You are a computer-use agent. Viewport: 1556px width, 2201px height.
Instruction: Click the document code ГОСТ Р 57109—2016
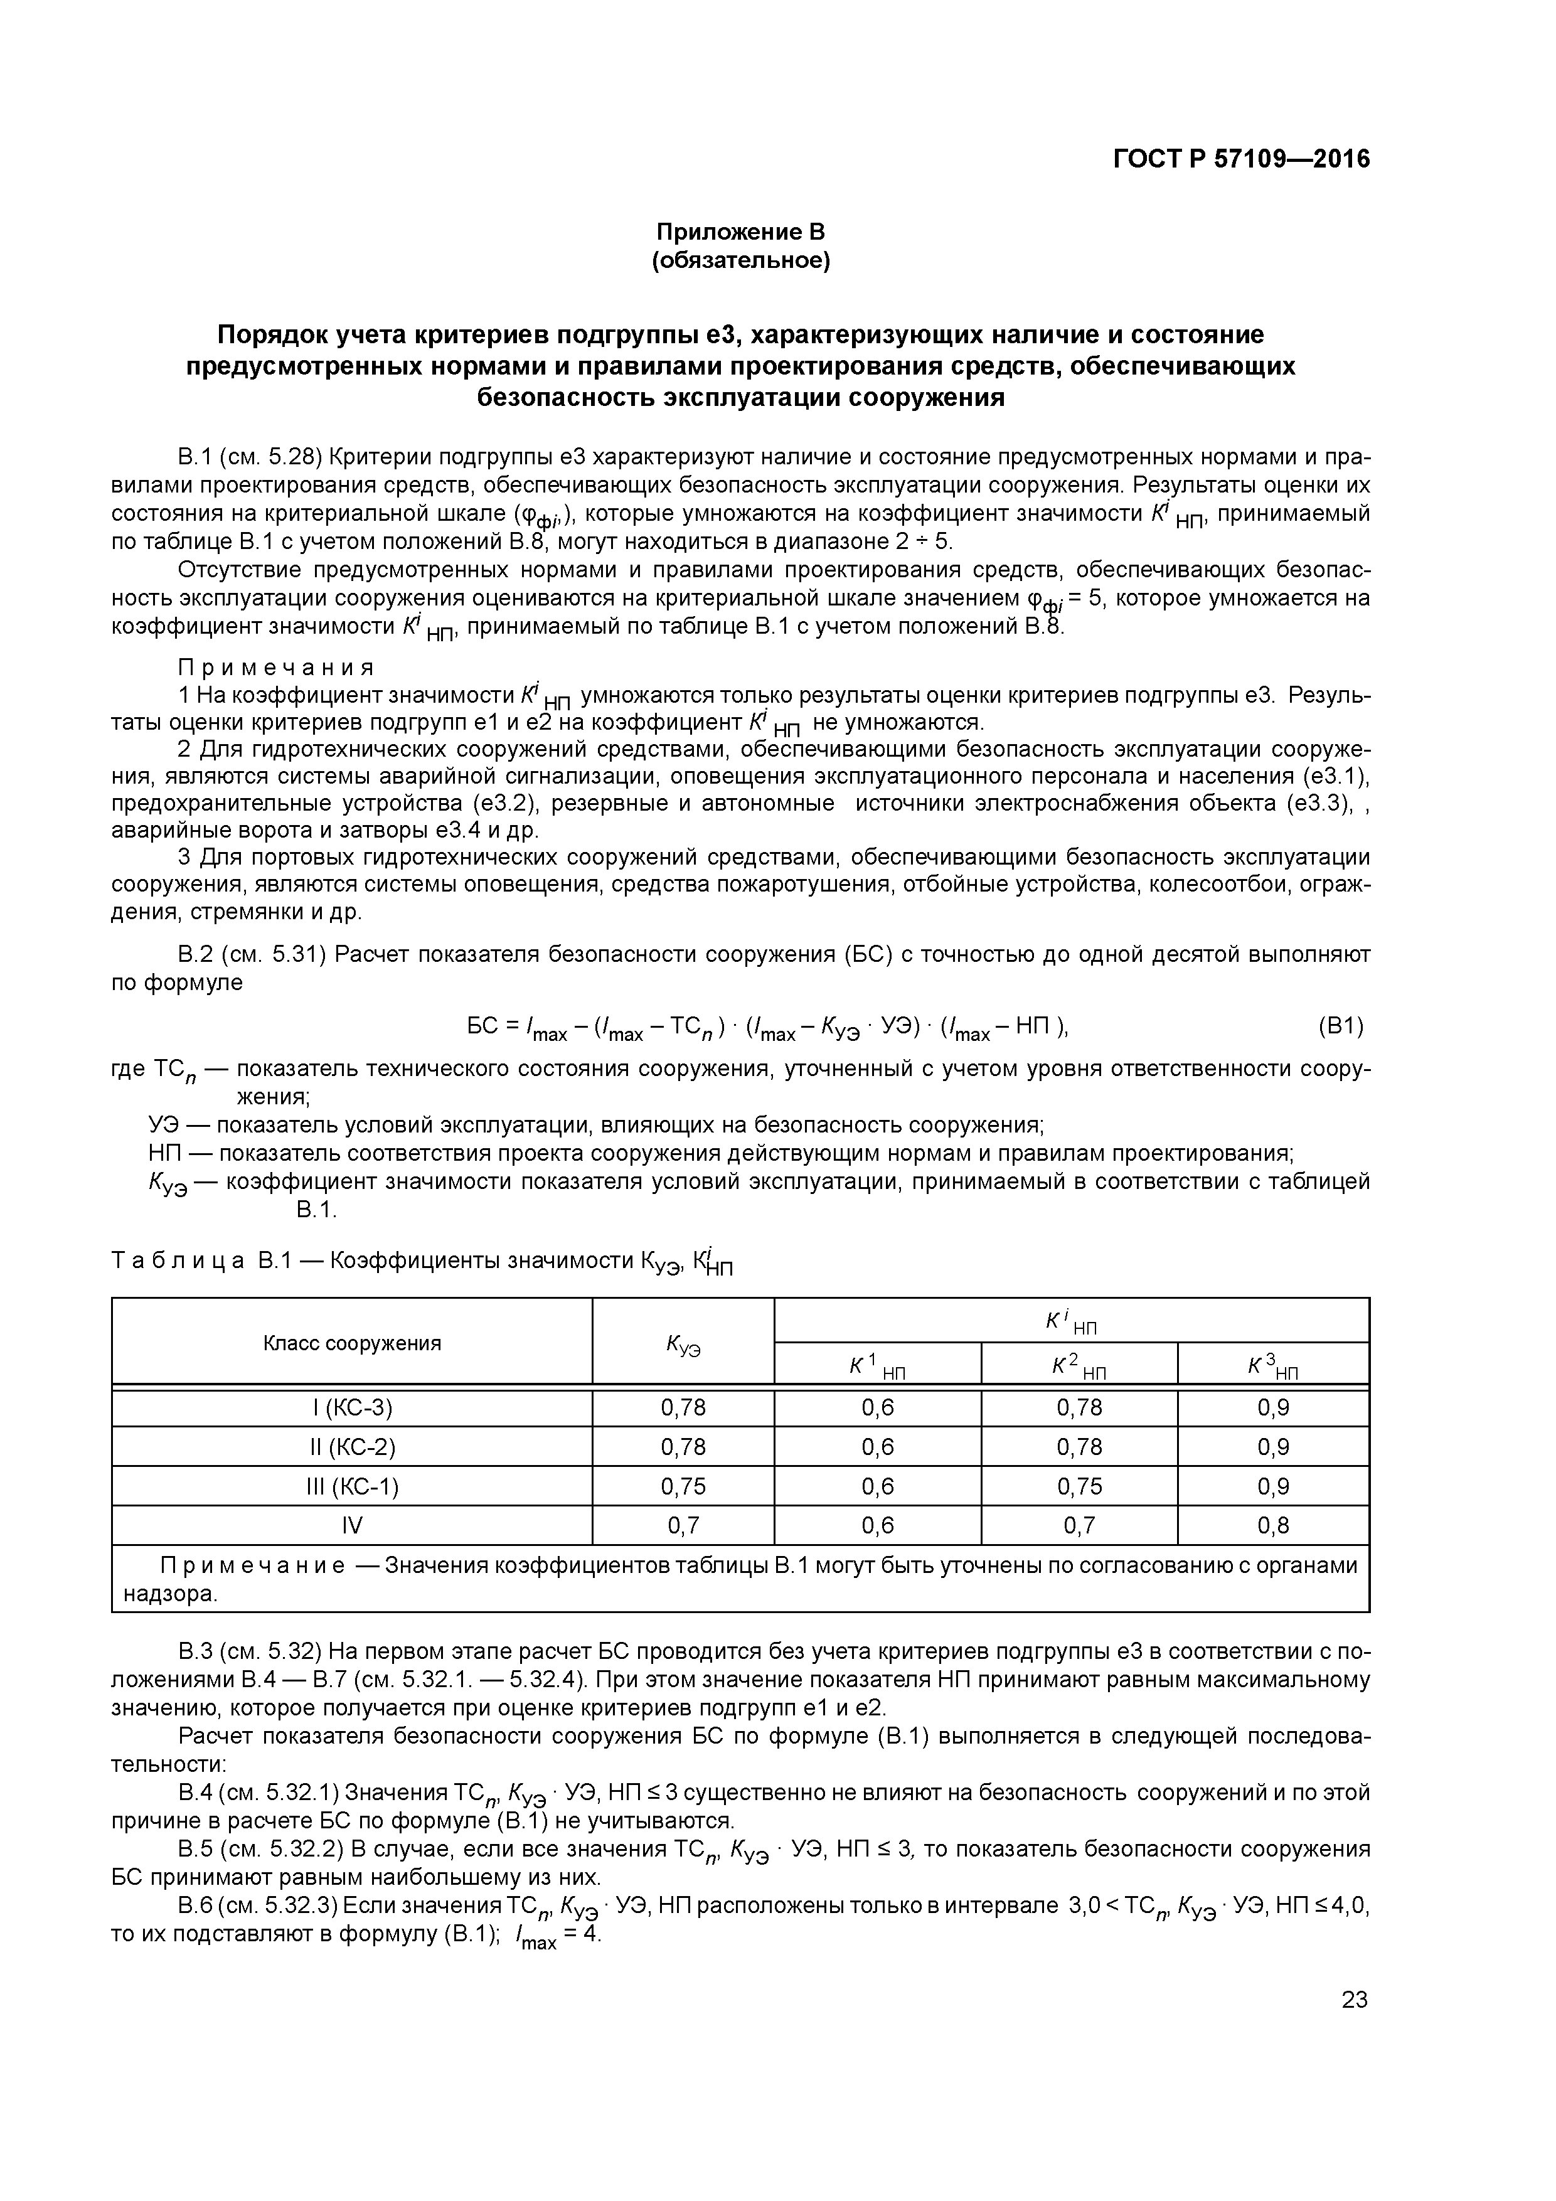point(1242,159)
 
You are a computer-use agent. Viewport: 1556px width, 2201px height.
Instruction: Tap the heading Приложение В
point(740,232)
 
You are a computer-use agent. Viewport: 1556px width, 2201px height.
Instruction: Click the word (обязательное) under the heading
point(740,261)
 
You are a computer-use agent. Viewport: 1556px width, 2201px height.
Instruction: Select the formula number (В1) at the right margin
point(1340,1026)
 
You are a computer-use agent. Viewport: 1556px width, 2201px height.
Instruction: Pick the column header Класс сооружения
point(352,1343)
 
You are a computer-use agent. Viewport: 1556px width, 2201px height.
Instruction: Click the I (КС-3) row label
point(352,1407)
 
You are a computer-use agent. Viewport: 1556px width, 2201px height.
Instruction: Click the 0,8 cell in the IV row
point(1273,1525)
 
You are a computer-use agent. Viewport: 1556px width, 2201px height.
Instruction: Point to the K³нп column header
point(1273,1366)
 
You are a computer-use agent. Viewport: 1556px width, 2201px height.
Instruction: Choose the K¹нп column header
point(877,1366)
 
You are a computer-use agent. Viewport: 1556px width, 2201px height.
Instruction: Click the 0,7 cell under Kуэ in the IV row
point(683,1525)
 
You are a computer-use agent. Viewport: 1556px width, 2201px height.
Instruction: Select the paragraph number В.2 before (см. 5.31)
point(196,955)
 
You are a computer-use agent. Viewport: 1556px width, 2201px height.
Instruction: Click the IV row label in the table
point(352,1525)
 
